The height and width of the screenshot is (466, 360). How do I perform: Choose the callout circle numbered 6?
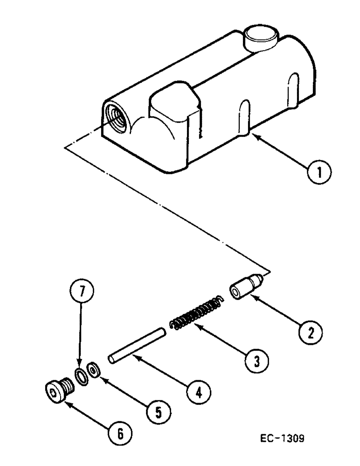[x=120, y=433]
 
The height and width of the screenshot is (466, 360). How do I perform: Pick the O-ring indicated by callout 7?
[x=82, y=376]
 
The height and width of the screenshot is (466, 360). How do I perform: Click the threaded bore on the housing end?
[x=115, y=116]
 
